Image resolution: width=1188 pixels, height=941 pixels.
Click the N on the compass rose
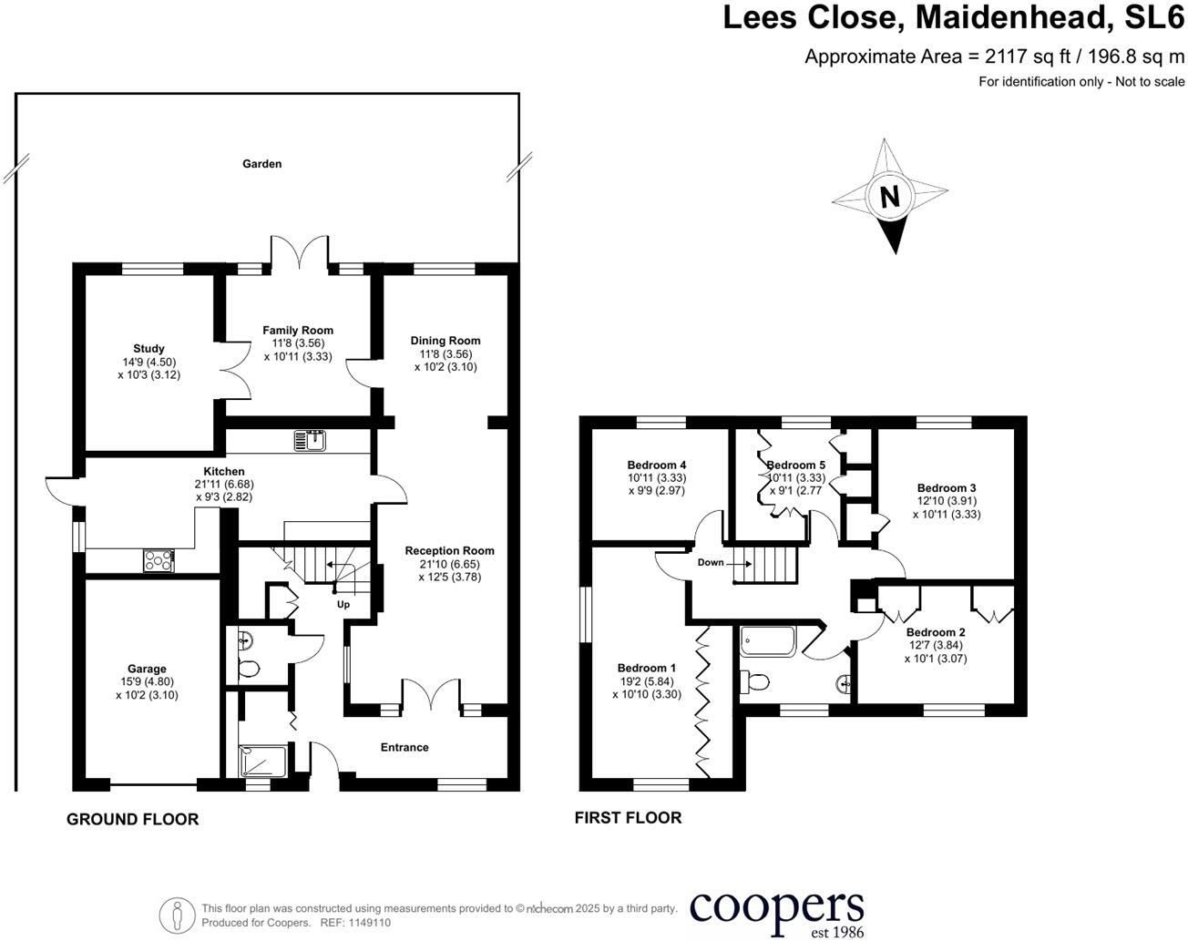pyautogui.click(x=889, y=197)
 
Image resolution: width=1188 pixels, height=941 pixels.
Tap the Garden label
pyautogui.click(x=261, y=164)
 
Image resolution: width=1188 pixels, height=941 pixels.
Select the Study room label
pyautogui.click(x=148, y=349)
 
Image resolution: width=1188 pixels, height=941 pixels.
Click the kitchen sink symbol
pyautogui.click(x=310, y=442)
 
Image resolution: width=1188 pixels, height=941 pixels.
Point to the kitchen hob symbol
pyautogui.click(x=158, y=561)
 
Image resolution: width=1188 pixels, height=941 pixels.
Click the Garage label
pyautogui.click(x=147, y=669)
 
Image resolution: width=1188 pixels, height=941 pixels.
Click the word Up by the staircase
pyautogui.click(x=343, y=605)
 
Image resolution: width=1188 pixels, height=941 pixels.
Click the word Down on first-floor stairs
pyautogui.click(x=711, y=562)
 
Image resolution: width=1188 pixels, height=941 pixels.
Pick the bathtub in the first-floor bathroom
pyautogui.click(x=767, y=641)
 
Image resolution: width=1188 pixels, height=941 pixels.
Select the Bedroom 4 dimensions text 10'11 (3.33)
pyautogui.click(x=657, y=478)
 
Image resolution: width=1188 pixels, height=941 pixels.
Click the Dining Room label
pyautogui.click(x=445, y=341)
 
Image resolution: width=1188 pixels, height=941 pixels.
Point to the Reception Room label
pyautogui.click(x=449, y=550)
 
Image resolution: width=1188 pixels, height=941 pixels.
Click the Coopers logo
pyautogui.click(x=776, y=911)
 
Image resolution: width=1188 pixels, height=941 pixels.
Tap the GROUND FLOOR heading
pyautogui.click(x=132, y=819)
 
